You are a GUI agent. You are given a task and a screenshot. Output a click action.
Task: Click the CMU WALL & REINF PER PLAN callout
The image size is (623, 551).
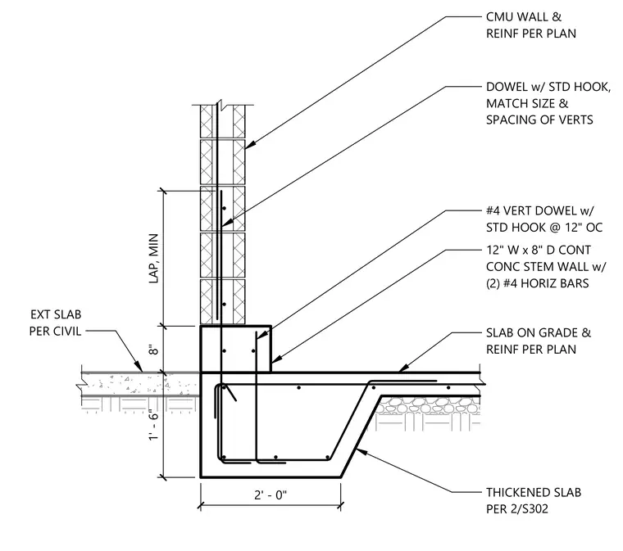[531, 25]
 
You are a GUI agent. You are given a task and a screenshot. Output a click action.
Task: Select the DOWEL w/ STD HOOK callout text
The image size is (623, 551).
[548, 103]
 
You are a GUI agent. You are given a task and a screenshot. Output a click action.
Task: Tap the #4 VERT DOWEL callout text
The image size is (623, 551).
[544, 219]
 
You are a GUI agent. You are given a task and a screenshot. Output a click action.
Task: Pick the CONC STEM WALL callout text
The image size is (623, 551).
[546, 267]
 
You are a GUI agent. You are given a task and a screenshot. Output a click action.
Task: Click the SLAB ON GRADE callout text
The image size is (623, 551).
[539, 341]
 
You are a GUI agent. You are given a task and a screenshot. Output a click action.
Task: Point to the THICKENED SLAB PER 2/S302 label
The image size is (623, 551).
[534, 500]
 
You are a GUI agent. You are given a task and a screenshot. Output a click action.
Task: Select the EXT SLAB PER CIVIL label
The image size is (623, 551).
[55, 323]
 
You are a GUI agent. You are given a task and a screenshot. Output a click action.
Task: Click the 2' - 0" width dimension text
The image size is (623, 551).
[271, 495]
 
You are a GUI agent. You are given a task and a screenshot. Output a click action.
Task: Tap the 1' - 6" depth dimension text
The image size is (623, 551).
[154, 424]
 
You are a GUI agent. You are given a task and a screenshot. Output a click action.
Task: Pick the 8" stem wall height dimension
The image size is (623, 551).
[154, 350]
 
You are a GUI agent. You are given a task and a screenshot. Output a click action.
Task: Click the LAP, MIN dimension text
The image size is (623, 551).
[154, 258]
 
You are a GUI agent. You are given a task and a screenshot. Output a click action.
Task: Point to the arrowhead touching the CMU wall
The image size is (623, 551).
[249, 145]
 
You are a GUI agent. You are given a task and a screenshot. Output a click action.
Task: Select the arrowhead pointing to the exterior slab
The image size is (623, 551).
[139, 367]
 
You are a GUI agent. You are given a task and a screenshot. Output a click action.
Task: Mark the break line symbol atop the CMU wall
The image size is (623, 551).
[222, 106]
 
